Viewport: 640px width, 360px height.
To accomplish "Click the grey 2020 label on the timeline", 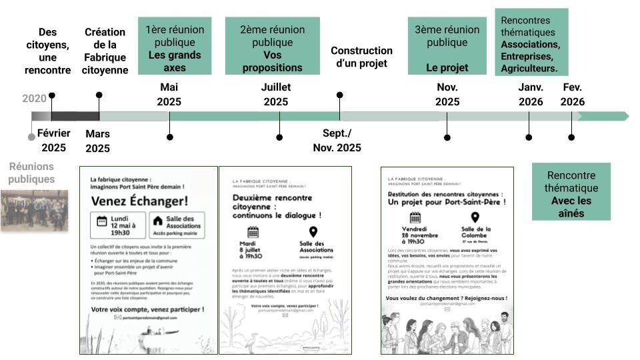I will [34, 99].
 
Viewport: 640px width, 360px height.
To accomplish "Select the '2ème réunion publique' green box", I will [272, 46].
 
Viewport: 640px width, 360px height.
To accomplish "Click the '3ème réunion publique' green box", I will [447, 46].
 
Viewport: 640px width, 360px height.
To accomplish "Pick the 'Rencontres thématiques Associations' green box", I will [531, 42].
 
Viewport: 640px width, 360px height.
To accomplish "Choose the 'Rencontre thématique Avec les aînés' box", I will [571, 191].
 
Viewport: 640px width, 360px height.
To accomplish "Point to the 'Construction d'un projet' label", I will [361, 57].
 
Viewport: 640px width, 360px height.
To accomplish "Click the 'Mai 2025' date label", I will [169, 94].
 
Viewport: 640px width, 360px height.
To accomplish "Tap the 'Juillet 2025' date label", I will [276, 94].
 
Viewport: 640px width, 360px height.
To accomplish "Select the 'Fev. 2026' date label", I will [573, 94].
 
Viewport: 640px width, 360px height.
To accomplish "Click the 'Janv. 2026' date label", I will [531, 94].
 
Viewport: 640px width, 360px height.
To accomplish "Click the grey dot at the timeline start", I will [31, 137].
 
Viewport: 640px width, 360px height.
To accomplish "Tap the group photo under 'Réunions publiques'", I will [34, 210].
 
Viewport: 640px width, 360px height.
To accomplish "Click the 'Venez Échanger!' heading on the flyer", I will [139, 201].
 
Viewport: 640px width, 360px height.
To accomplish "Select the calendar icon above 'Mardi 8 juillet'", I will [253, 232].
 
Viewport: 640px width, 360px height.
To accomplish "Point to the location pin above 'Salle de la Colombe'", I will [475, 217].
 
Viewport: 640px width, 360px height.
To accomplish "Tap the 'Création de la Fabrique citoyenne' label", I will [105, 51].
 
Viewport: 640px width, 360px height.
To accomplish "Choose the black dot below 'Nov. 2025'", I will [447, 137].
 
